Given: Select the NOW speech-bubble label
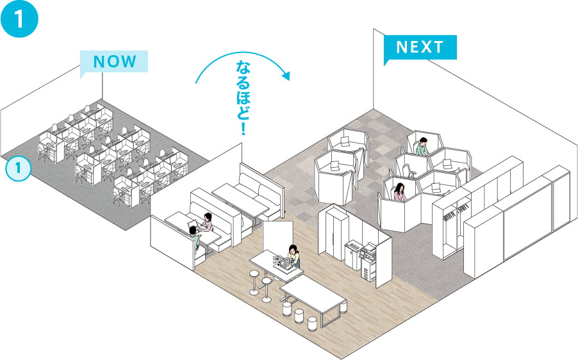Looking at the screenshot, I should (115, 61).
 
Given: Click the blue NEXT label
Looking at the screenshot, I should (420, 47).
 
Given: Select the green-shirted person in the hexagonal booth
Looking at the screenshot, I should (422, 147).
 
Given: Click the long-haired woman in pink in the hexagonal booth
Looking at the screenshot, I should (400, 192).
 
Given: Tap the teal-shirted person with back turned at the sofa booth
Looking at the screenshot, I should (194, 238).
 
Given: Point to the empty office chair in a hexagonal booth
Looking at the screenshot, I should (406, 170).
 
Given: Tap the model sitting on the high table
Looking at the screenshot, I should (281, 263).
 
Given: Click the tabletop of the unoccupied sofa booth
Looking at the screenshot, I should (240, 197).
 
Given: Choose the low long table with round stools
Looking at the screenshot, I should (314, 297).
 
